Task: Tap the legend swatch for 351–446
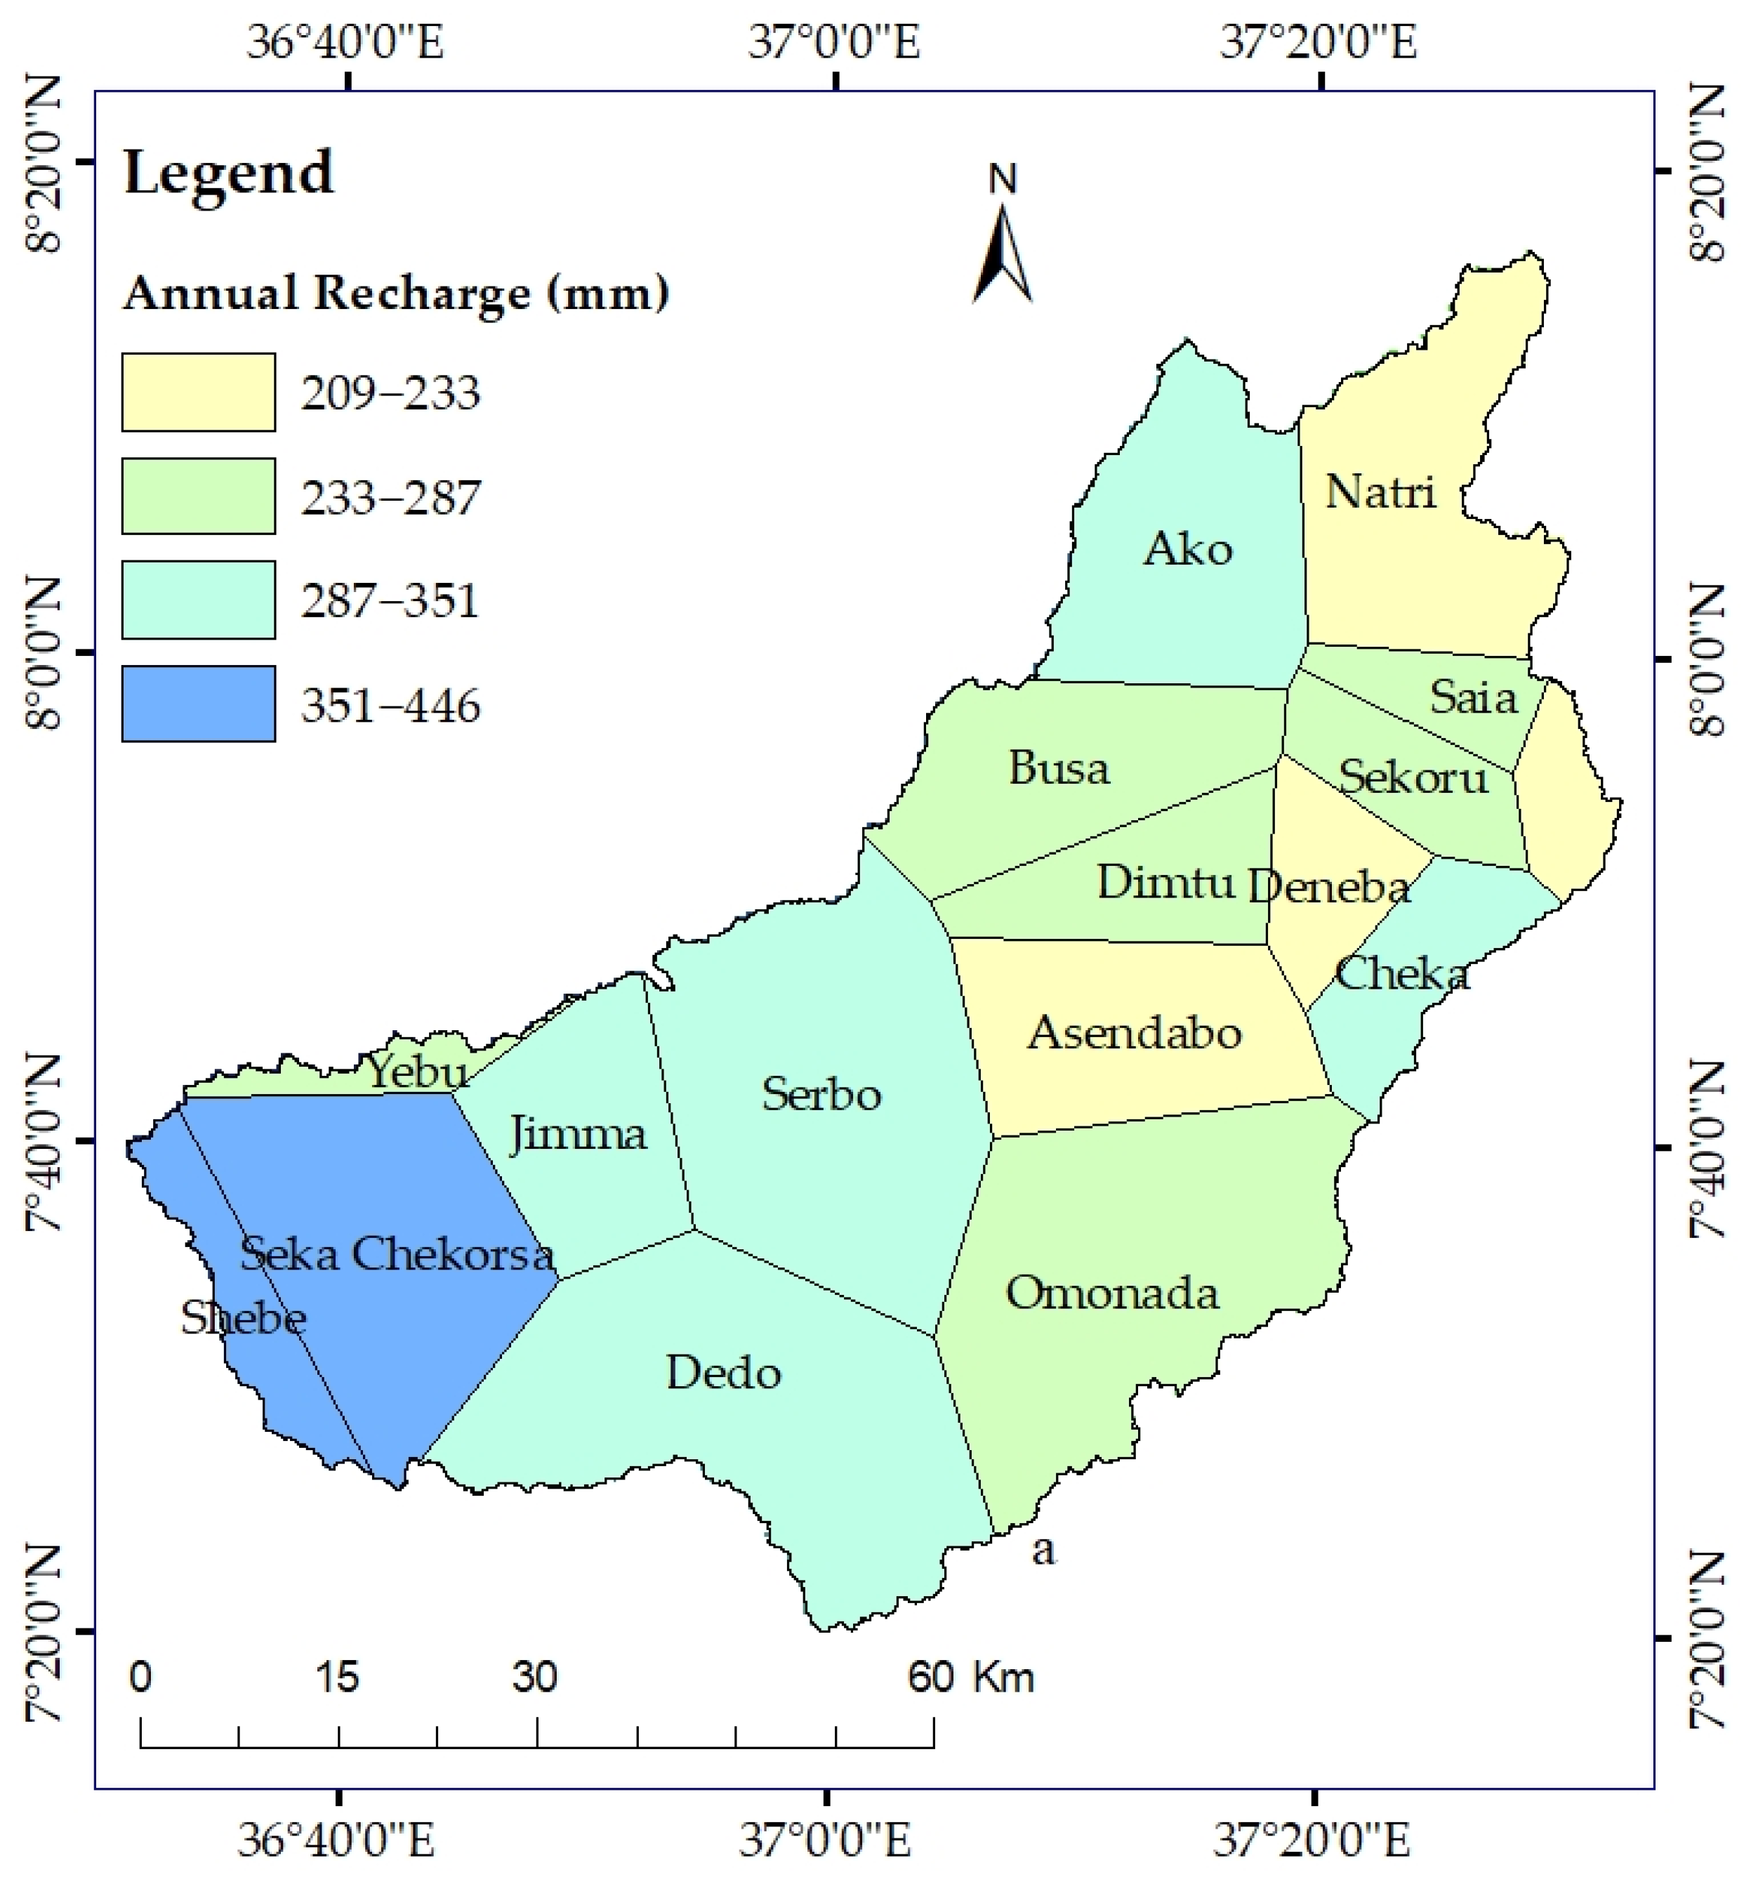pyautogui.click(x=198, y=704)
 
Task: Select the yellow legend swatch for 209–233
pyautogui.click(x=198, y=392)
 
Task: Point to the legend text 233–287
pyautogui.click(x=390, y=497)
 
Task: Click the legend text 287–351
pyautogui.click(x=390, y=600)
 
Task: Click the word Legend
pyautogui.click(x=228, y=173)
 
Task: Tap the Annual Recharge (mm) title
pyautogui.click(x=397, y=293)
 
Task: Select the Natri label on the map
pyautogui.click(x=1380, y=492)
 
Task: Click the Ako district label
pyautogui.click(x=1188, y=549)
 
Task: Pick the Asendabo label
pyautogui.click(x=1135, y=1032)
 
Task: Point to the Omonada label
pyautogui.click(x=1111, y=1293)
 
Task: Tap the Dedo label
pyautogui.click(x=724, y=1373)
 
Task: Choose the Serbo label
pyautogui.click(x=821, y=1094)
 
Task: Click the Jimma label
pyautogui.click(x=578, y=1133)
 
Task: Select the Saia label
pyautogui.click(x=1473, y=697)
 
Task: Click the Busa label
pyautogui.click(x=1059, y=768)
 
